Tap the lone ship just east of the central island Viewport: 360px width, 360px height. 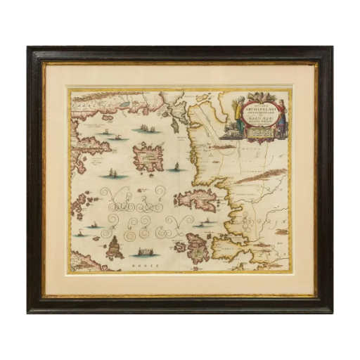(x=176, y=167)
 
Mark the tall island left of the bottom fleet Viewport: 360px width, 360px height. (x=112, y=247)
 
